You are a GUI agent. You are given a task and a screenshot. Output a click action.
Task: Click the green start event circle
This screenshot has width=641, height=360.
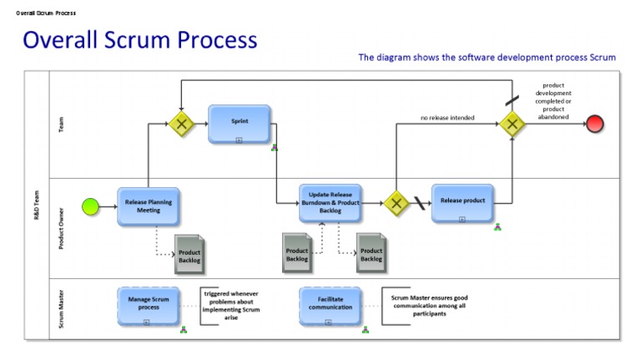[x=90, y=205]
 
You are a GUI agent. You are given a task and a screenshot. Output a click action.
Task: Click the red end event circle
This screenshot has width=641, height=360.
[x=595, y=124]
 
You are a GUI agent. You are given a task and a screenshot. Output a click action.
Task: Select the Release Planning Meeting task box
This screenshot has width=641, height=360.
[x=149, y=206]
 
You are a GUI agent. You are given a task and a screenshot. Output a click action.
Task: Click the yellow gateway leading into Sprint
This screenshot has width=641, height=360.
[x=180, y=124]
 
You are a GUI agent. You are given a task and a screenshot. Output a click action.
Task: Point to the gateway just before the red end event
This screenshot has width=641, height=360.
[x=512, y=124]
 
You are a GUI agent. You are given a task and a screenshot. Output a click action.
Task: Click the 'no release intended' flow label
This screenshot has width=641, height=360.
[x=447, y=118]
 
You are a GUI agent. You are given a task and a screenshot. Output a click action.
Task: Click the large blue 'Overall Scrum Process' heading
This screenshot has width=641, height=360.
[x=139, y=39]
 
